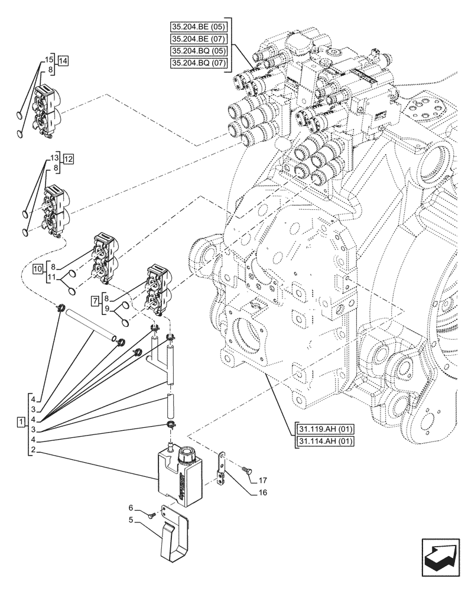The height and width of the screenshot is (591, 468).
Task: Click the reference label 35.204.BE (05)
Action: point(199,27)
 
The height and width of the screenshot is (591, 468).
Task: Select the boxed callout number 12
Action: point(68,159)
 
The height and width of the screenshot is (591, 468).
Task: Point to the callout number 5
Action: point(131,521)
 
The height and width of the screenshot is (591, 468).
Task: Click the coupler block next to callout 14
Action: point(47,111)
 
